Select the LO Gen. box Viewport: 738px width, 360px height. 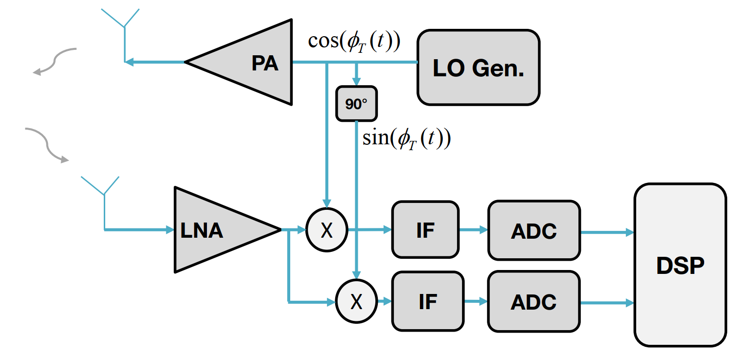click(478, 67)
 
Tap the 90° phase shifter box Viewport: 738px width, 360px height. click(356, 104)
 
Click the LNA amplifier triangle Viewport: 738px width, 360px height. click(210, 229)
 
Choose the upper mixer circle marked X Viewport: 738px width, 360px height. click(326, 229)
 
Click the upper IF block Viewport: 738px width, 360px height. click(425, 230)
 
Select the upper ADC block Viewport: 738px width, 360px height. click(534, 230)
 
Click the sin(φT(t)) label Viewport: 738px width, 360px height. click(406, 138)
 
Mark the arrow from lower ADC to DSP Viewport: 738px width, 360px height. click(607, 303)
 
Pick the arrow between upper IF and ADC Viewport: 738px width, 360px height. click(474, 229)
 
